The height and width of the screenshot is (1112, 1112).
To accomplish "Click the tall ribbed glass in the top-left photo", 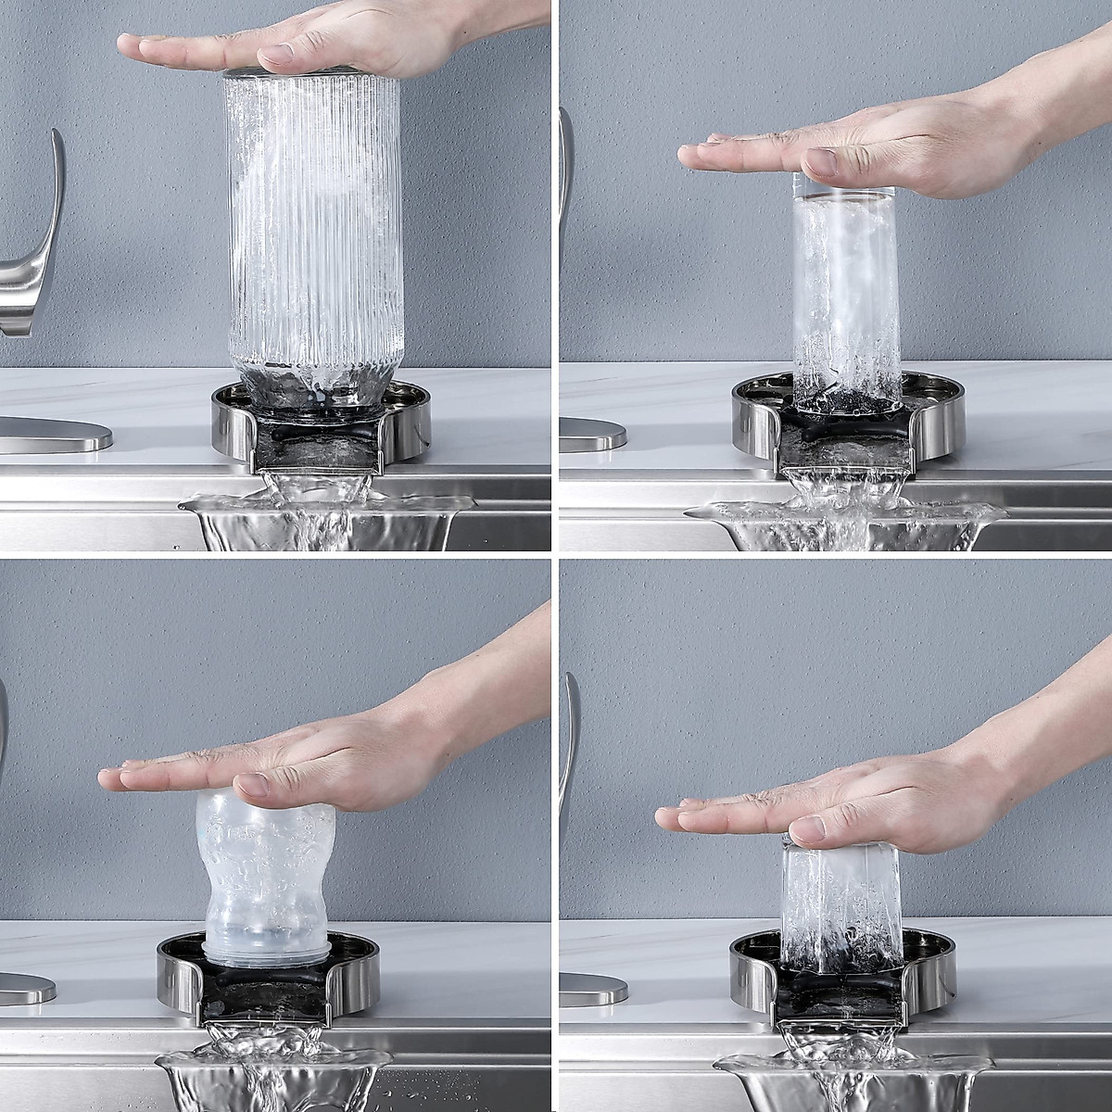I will click(x=313, y=232).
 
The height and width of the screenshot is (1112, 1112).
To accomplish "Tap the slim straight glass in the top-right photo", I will click(x=836, y=297).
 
